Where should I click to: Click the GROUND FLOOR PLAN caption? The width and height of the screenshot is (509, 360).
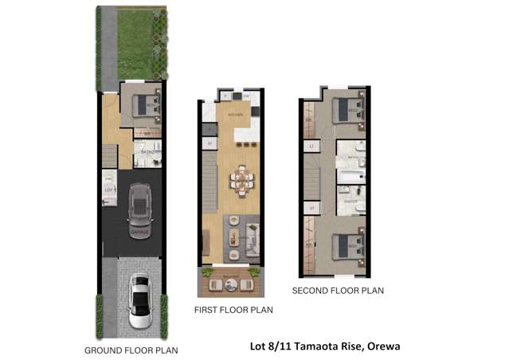point(131,350)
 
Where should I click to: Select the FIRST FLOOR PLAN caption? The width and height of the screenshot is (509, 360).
point(234,309)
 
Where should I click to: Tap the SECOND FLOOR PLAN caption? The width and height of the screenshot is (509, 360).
point(338,291)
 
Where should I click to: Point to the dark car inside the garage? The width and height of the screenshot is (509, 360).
point(139,204)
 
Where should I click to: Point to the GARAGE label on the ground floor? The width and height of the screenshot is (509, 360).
point(139,232)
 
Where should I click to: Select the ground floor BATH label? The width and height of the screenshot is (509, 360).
point(148,152)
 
